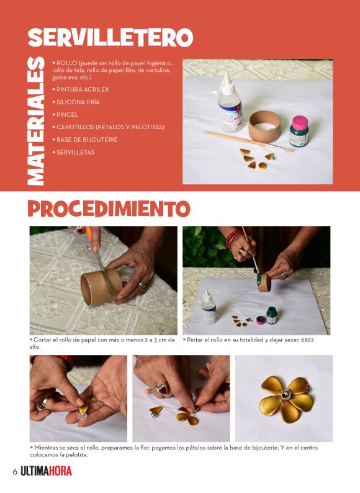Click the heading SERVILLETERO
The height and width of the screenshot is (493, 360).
pos(110,37)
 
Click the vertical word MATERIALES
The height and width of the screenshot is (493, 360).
pos(35,121)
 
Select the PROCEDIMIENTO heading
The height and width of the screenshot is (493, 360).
pos(109,209)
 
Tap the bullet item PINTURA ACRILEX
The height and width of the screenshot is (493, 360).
pos(81,89)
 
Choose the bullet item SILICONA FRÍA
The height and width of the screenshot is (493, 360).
pos(76,102)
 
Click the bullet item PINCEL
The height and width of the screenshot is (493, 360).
pos(65,115)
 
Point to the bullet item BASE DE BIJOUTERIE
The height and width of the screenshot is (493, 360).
pos(85,140)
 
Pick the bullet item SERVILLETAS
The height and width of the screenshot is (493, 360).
pos(74,152)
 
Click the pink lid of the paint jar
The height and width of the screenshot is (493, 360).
pos(300,122)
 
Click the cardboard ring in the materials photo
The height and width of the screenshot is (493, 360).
pos(265,127)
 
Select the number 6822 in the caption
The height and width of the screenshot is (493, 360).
pos(307,340)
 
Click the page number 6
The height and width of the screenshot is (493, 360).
pos(15,472)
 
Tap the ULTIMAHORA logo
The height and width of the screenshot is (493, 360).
pos(46,471)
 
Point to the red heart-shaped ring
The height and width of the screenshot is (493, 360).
pos(161,389)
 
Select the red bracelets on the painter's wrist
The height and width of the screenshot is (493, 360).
pos(233,238)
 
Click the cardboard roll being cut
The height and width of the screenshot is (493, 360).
pos(101,287)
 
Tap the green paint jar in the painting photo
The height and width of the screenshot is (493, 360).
pos(272,315)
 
